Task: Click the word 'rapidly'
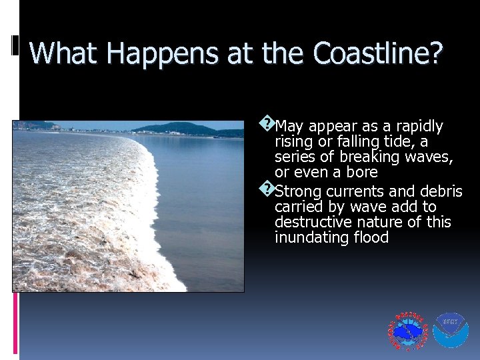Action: pos(419,126)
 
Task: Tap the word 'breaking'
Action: pos(369,157)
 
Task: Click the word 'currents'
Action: pos(349,191)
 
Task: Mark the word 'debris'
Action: pos(439,191)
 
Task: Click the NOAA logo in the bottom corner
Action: pos(450,331)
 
